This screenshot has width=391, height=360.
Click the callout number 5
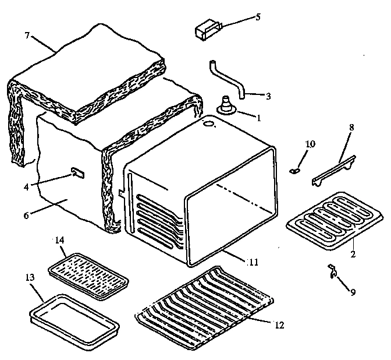coord(258,17)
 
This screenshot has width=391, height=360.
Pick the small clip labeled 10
coord(294,170)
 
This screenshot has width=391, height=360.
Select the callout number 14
coord(60,239)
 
